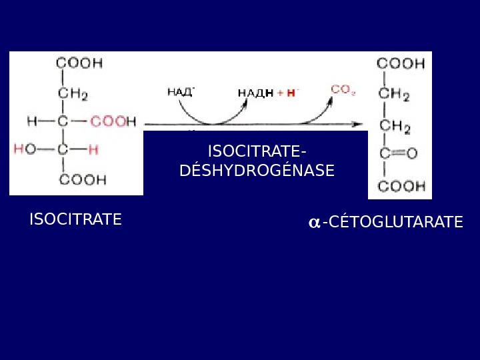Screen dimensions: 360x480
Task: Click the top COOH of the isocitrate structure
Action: tap(79, 63)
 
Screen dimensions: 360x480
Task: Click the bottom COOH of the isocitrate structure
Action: tap(83, 179)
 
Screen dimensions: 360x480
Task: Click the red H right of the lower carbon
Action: tap(93, 150)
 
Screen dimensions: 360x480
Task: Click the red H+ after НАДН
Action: tap(292, 93)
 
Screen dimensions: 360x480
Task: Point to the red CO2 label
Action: tap(343, 89)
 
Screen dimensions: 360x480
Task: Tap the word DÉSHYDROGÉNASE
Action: tap(257, 171)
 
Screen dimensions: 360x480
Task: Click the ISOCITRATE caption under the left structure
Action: tap(75, 219)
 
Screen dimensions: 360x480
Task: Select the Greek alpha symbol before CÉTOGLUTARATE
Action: tap(314, 223)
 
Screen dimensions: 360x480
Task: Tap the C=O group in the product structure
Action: tap(398, 154)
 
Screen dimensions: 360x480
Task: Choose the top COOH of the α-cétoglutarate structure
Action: tap(401, 64)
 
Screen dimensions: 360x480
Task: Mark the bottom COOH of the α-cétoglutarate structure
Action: tap(401, 186)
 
